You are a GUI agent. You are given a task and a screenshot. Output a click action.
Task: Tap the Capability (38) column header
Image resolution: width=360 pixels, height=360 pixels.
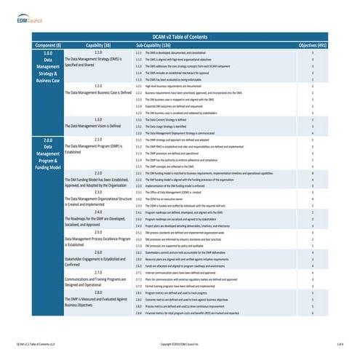97,44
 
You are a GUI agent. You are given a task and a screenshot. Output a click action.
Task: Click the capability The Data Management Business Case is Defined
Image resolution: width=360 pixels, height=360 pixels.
97,93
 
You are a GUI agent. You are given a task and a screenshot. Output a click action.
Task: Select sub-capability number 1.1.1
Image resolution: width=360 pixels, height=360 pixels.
139,53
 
